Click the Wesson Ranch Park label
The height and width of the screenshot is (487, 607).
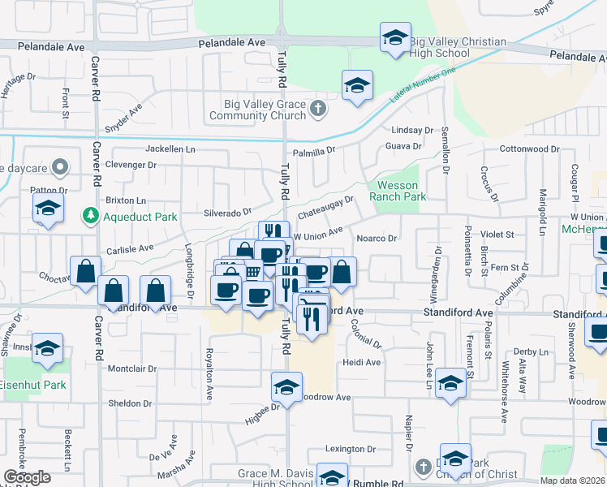click(x=398, y=191)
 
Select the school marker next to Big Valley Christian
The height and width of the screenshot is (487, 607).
click(x=395, y=38)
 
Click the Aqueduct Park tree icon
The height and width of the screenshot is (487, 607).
click(x=89, y=217)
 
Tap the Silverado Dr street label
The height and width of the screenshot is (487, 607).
click(x=227, y=212)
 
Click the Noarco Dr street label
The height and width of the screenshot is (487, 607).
click(x=377, y=238)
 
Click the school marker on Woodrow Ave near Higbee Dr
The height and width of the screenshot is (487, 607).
click(x=286, y=389)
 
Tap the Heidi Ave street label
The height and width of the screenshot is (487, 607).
click(x=361, y=362)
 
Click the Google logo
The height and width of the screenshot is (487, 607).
click(x=27, y=477)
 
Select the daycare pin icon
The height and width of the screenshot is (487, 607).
click(x=59, y=168)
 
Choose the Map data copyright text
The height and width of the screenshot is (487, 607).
click(x=573, y=481)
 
